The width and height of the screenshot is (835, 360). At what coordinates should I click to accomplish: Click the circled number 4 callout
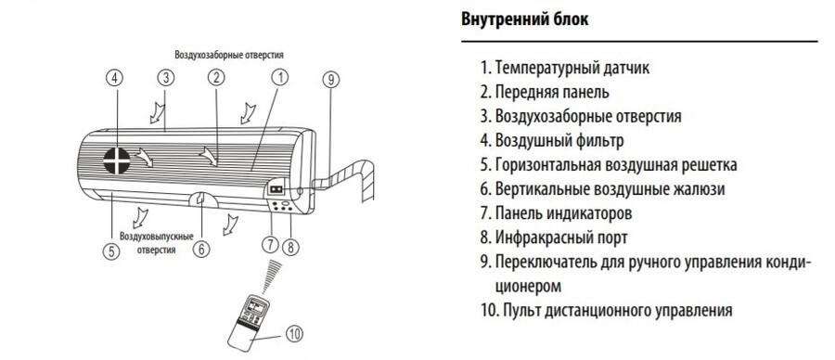(115, 79)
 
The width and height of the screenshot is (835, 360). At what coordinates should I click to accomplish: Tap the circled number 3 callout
(165, 79)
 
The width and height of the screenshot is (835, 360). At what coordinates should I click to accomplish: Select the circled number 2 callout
(215, 79)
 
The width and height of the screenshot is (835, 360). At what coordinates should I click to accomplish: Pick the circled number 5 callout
(111, 249)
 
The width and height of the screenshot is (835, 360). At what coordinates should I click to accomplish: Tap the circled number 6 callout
(202, 249)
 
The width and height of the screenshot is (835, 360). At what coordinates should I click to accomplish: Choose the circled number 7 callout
(270, 246)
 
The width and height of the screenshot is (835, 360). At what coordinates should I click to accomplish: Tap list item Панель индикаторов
(559, 213)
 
